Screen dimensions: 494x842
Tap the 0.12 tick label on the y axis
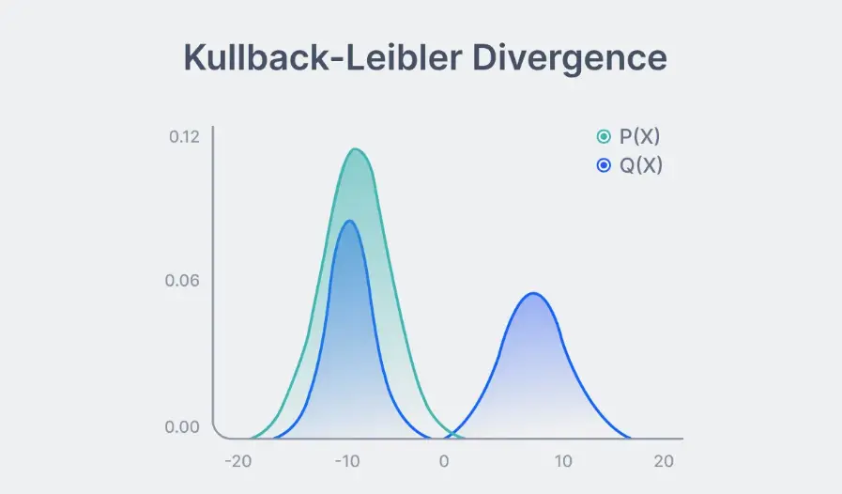pyautogui.click(x=184, y=137)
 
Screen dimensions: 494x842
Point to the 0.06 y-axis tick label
pyautogui.click(x=184, y=281)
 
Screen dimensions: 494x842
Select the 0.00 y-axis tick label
pyautogui.click(x=184, y=427)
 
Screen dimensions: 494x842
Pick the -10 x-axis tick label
pyautogui.click(x=348, y=462)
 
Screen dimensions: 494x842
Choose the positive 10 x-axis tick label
pyautogui.click(x=562, y=462)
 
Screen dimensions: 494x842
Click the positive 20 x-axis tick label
pyautogui.click(x=664, y=462)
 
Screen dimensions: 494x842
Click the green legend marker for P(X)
pyautogui.click(x=604, y=137)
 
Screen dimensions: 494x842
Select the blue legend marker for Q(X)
pyautogui.click(x=604, y=166)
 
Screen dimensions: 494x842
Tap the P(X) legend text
pyautogui.click(x=640, y=137)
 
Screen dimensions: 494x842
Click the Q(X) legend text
pyautogui.click(x=641, y=166)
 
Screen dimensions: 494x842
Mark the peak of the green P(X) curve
pyautogui.click(x=356, y=149)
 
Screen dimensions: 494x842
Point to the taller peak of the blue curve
pyautogui.click(x=349, y=221)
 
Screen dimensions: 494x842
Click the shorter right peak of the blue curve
pyautogui.click(x=533, y=294)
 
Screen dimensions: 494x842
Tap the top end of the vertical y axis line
pyautogui.click(x=213, y=128)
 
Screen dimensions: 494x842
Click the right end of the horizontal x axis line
pyautogui.click(x=681, y=438)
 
